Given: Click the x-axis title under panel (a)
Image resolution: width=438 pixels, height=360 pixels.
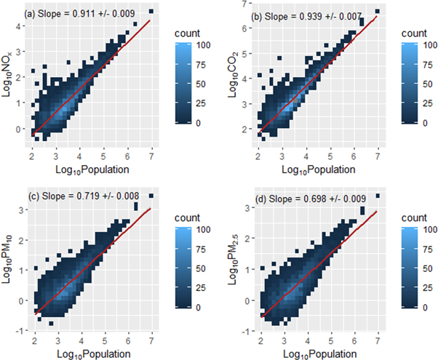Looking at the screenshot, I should [92, 169].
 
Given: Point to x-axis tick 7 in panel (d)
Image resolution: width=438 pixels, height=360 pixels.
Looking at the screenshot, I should [377, 340].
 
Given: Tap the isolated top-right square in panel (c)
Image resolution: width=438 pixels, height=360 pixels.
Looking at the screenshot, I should [151, 196].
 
